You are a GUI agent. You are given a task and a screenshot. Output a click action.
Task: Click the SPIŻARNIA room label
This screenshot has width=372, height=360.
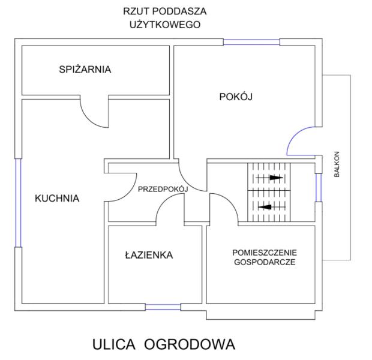pos(85,69)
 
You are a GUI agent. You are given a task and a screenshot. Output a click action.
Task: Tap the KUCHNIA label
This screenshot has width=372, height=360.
pos(57,198)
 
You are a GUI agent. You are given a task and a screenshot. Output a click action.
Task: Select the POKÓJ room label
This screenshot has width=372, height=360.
pos(236,97)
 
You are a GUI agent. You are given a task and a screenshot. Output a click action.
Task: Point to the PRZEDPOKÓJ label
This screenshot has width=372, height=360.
pos(163,189)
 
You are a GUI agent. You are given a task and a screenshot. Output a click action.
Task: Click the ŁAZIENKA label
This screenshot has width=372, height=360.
pos(149,255)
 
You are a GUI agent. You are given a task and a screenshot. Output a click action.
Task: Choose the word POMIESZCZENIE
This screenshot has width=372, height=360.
pos(265,253)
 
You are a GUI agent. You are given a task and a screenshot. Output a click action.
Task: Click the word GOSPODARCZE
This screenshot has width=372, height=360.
pos(265,262)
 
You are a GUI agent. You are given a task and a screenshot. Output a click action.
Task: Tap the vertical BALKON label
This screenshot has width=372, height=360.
pos(337,164)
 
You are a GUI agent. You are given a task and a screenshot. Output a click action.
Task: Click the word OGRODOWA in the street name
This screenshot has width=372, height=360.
pos(190,344)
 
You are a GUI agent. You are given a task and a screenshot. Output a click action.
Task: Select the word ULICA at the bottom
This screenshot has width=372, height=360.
pos(114,344)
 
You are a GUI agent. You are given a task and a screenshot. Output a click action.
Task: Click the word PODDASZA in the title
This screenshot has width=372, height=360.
pos(179,11)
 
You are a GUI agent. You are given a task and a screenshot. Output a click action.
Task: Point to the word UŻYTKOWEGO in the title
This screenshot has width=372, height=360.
pos(165,25)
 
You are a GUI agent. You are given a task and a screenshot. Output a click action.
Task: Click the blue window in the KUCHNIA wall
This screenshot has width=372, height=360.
pos(18,203)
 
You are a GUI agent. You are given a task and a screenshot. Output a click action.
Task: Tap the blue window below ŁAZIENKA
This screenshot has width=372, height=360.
pos(163,307)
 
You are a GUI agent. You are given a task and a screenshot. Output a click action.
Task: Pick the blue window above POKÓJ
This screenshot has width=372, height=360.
pos(251,42)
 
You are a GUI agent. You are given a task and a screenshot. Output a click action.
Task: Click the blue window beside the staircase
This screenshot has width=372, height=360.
pos(319,188)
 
